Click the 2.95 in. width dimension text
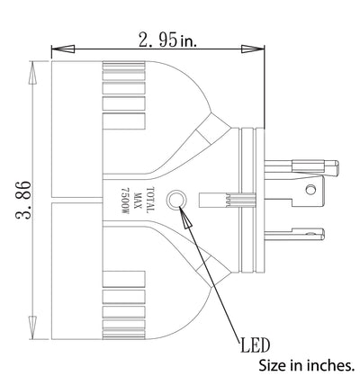(x=167, y=40)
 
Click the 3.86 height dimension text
(x=23, y=200)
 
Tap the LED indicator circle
(x=175, y=200)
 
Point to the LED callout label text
(x=255, y=345)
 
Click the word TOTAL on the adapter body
(x=150, y=200)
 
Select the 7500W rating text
(x=124, y=201)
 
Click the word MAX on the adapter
(x=138, y=201)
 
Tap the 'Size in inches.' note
(x=305, y=365)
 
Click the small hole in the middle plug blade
(x=310, y=190)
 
